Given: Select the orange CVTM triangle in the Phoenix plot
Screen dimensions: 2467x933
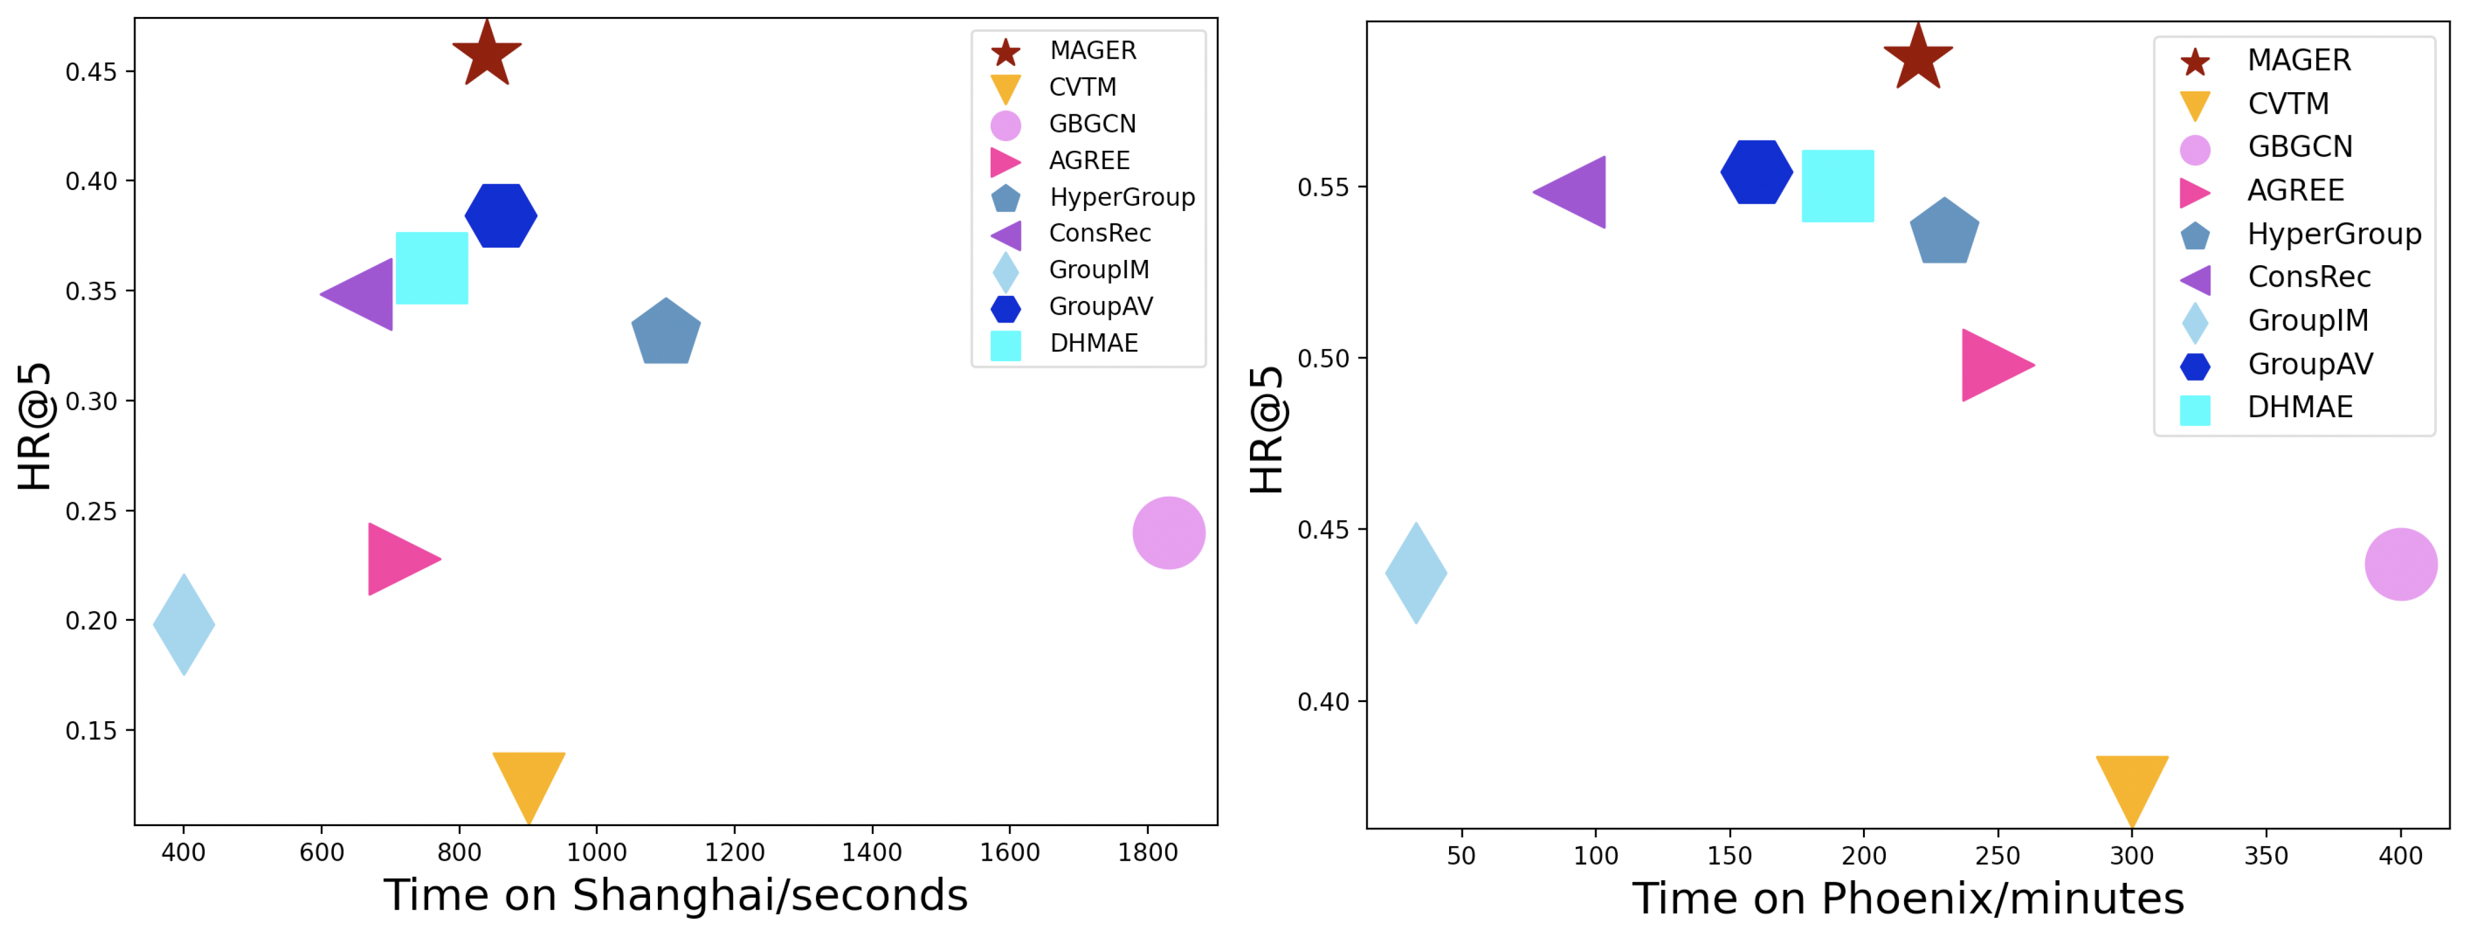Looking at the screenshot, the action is click(x=2132, y=786).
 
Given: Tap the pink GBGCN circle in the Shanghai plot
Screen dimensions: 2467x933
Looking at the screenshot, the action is click(x=1168, y=532).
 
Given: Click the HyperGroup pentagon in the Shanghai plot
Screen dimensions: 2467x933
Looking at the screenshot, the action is click(x=665, y=332).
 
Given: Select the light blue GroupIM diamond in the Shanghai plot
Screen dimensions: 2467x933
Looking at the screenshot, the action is click(x=184, y=625).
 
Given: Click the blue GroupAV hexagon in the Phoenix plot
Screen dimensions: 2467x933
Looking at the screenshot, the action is click(x=1756, y=172).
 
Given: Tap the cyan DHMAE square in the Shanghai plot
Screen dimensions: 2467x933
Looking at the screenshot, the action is click(x=432, y=268).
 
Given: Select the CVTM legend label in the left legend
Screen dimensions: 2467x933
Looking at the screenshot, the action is click(x=1082, y=87).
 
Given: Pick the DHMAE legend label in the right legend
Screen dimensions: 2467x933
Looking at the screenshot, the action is click(x=2299, y=407).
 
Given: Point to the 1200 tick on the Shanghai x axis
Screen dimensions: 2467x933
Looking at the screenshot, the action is click(x=735, y=852).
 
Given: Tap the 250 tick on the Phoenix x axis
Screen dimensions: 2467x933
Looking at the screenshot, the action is click(x=1998, y=856).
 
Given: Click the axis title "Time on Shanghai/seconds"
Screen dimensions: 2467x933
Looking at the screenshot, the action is click(x=676, y=895).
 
